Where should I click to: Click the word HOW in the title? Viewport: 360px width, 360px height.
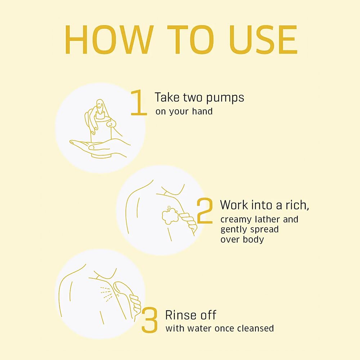click(x=109, y=40)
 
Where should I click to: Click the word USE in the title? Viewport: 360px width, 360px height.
click(x=264, y=40)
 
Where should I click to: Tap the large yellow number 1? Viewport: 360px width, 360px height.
click(x=139, y=102)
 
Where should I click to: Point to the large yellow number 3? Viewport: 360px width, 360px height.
click(x=149, y=320)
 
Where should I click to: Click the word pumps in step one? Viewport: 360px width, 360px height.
click(x=225, y=98)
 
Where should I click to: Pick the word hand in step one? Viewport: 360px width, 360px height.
click(x=202, y=111)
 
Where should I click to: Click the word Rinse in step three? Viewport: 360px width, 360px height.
click(x=181, y=315)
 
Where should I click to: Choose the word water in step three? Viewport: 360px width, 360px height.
click(x=199, y=328)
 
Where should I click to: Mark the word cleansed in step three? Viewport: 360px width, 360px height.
click(x=255, y=328)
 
